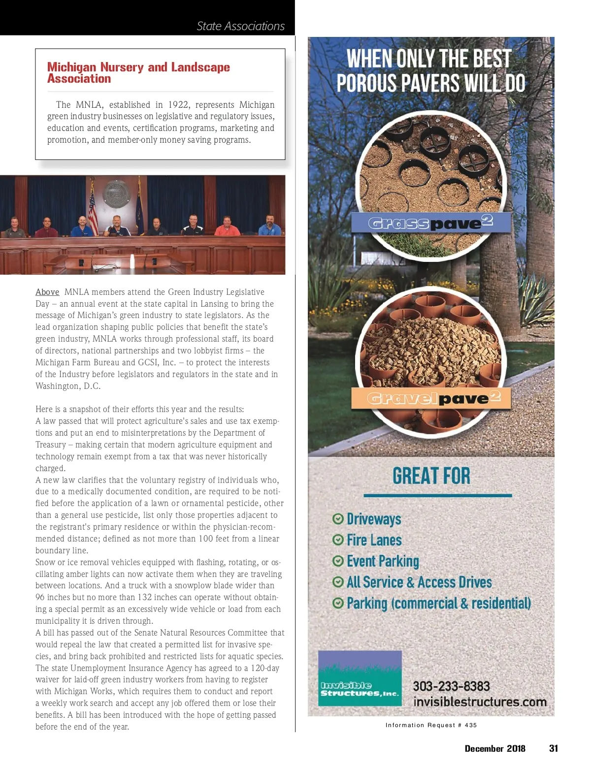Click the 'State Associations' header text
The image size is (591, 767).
(240, 26)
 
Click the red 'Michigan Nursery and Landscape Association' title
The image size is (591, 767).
(138, 72)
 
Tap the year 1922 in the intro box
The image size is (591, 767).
(178, 105)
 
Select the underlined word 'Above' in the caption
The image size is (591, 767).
(47, 292)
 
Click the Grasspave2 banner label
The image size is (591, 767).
(430, 223)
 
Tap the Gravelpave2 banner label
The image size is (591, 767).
(432, 398)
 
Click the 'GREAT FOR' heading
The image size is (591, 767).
(431, 476)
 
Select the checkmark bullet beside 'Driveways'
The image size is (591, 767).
(338, 519)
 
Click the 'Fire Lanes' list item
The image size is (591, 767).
(374, 540)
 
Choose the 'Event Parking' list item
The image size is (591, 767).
(383, 561)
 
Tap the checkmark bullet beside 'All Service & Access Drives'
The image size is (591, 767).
(338, 582)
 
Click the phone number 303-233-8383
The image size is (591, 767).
(451, 686)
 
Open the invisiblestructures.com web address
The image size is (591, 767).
(480, 702)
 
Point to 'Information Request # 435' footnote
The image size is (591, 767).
(431, 725)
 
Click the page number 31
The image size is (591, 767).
(554, 748)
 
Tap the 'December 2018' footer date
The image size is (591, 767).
(495, 748)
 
